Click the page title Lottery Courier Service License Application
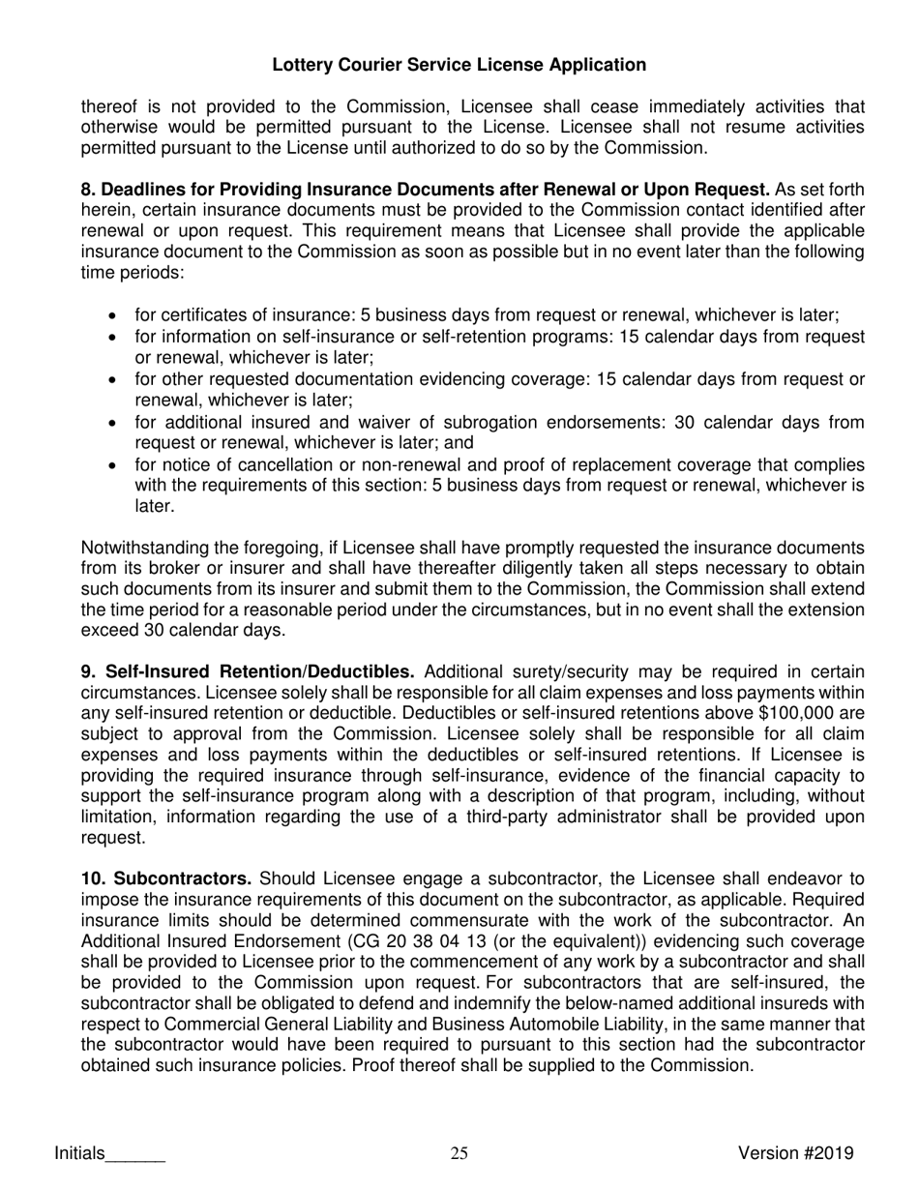click(x=459, y=65)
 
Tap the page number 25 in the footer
click(x=459, y=1152)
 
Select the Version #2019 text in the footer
click(x=795, y=1152)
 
